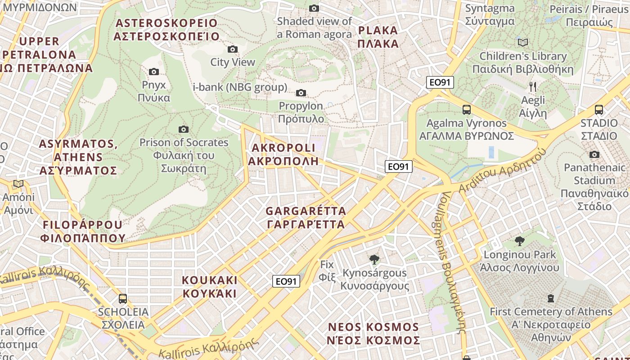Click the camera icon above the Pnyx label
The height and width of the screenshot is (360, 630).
(153, 72)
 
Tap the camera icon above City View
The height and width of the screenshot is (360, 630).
(233, 49)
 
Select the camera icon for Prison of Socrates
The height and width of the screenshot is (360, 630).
(184, 130)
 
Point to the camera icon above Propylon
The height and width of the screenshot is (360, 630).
(301, 93)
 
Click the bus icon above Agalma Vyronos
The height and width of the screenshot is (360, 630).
(467, 110)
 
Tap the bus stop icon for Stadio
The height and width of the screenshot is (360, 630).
(599, 110)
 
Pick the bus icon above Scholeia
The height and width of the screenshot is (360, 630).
(123, 298)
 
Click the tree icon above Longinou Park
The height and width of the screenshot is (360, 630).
(519, 241)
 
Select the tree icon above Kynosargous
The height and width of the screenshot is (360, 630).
(373, 259)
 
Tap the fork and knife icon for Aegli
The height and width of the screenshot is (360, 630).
(533, 86)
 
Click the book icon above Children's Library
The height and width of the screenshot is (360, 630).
(522, 42)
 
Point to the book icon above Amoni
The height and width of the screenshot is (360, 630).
(18, 184)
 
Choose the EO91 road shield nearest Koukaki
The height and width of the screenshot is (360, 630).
(286, 281)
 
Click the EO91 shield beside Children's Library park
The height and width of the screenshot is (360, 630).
(440, 82)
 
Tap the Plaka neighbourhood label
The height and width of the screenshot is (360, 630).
(378, 37)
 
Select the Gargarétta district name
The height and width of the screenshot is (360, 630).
(306, 217)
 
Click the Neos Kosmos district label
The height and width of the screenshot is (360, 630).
(373, 333)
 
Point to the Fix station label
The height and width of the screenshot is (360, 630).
(327, 270)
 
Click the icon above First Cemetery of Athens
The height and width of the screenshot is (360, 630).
(550, 298)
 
